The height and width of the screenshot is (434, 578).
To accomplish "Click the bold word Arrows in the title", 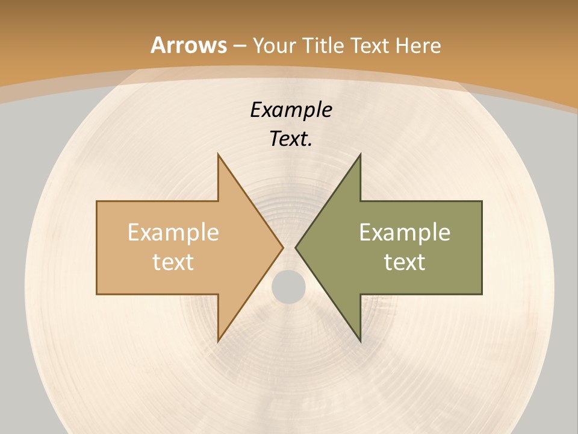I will click(x=189, y=45).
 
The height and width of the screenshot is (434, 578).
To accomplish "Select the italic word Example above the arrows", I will click(x=291, y=110).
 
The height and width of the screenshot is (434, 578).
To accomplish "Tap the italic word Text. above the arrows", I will click(x=290, y=139).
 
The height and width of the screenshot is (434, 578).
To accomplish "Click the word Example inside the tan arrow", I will click(x=173, y=233).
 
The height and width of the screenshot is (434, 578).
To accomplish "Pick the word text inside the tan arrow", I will click(x=173, y=262).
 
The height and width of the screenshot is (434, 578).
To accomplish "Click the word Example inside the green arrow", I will click(x=405, y=233).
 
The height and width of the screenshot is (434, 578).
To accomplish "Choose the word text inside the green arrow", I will click(x=405, y=262).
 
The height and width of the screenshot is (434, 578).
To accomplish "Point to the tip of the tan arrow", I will click(x=282, y=247).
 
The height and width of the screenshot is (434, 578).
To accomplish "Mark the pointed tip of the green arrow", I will click(x=296, y=247).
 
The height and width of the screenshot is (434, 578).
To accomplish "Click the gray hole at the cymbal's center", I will click(x=288, y=286).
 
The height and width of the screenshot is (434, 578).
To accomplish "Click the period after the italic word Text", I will click(x=309, y=145).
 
